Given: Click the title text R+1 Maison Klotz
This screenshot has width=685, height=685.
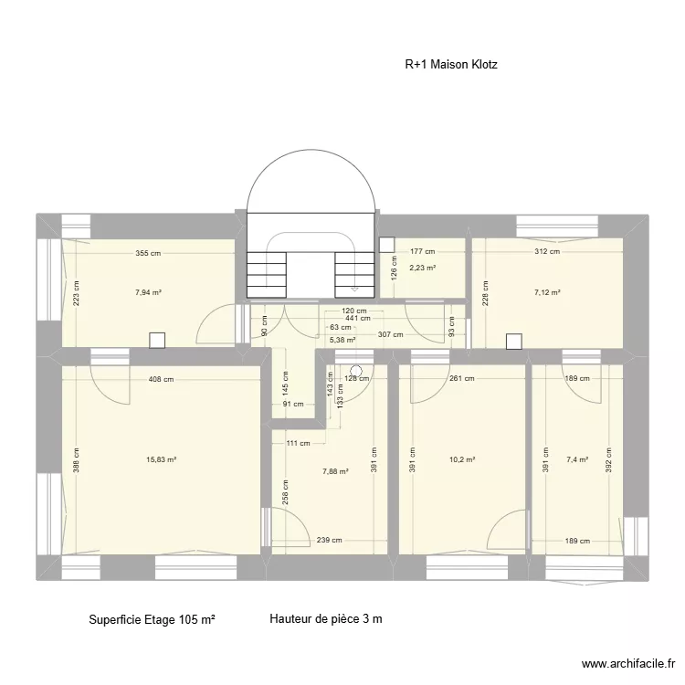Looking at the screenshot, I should (x=451, y=65).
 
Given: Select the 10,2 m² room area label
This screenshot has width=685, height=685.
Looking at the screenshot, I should (x=465, y=460).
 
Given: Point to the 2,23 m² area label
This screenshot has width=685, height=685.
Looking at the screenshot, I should (x=422, y=268).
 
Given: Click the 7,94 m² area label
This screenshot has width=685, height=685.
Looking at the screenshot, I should (x=148, y=292).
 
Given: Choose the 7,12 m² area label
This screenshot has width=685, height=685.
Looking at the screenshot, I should (x=547, y=292).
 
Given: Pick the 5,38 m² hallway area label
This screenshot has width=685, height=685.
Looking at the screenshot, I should (x=342, y=340).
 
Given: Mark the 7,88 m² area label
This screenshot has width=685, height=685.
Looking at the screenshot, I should (x=335, y=472).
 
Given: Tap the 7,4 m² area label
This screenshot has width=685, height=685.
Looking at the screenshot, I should (x=577, y=460).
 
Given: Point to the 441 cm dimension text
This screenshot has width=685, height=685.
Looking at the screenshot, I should (x=357, y=318).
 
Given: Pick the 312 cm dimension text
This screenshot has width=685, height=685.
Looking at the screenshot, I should (x=547, y=251).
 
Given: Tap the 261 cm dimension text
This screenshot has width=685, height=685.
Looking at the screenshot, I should (x=462, y=378).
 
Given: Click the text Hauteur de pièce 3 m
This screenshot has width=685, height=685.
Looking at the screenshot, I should (x=326, y=619).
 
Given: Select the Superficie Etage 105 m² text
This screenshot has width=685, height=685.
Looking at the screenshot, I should (x=152, y=619).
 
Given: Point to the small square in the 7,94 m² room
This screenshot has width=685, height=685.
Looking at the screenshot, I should (x=157, y=340).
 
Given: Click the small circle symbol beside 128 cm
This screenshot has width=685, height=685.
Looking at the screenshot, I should (x=356, y=372).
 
